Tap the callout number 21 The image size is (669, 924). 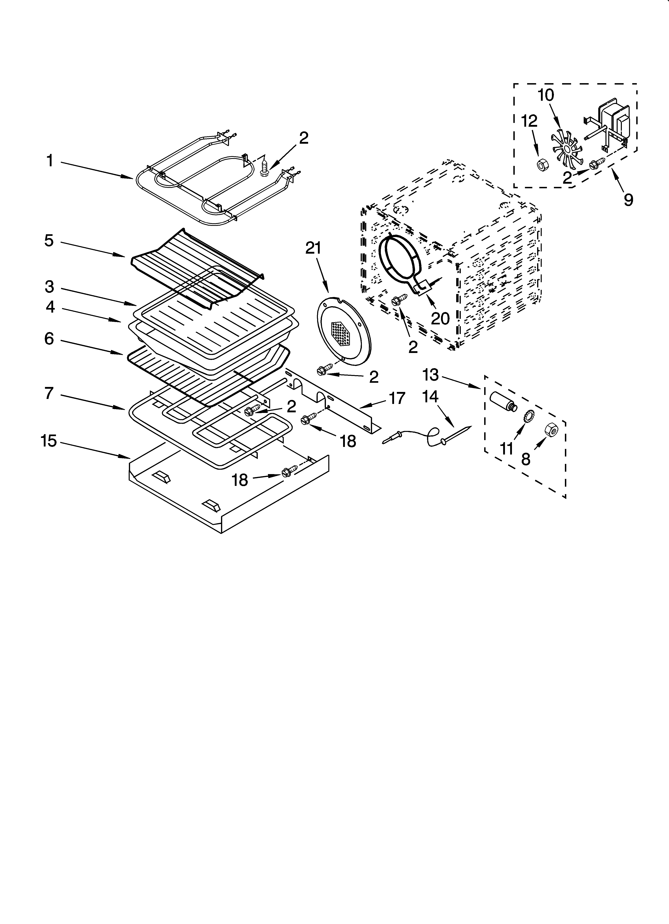(313, 248)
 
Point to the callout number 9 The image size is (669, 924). (628, 200)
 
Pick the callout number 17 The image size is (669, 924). (397, 398)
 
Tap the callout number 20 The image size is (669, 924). (440, 318)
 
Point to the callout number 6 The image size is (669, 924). (49, 339)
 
